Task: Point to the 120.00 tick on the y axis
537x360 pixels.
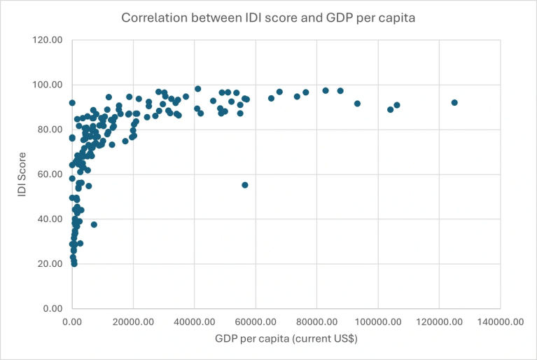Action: [x=48, y=40]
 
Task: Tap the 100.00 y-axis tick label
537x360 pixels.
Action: [x=48, y=85]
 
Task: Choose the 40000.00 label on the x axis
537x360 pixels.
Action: [x=195, y=321]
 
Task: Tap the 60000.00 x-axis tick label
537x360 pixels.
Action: [x=256, y=321]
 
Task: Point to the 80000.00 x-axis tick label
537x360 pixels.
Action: [x=316, y=321]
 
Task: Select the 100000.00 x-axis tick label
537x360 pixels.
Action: [x=378, y=321]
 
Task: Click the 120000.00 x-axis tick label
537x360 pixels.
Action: [x=439, y=321]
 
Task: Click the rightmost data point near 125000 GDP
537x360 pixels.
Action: [x=454, y=102]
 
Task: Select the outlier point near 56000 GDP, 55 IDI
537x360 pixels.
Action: [x=245, y=185]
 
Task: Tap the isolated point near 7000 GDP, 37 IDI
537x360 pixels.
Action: [x=94, y=225]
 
